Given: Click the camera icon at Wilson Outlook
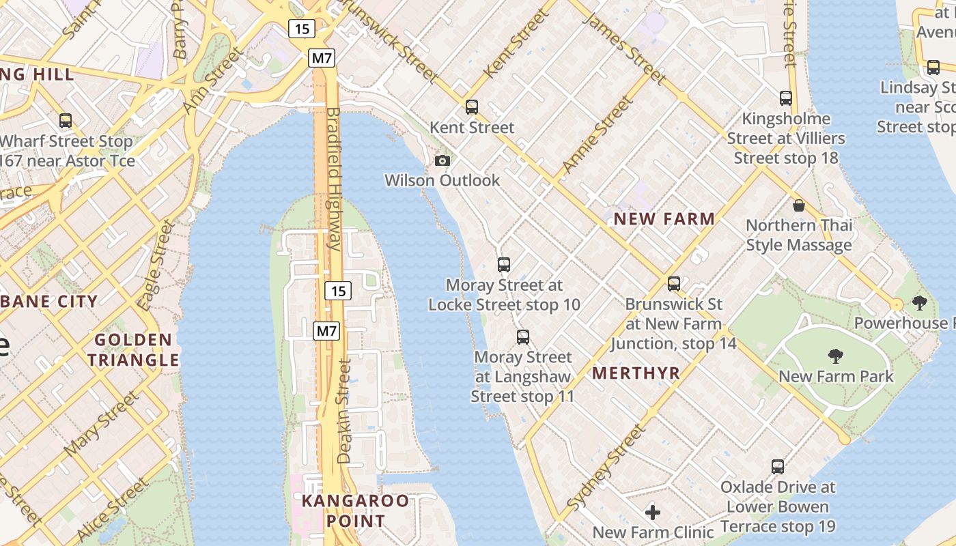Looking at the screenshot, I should (x=442, y=161).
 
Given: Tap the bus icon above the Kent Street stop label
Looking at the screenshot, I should (x=472, y=107).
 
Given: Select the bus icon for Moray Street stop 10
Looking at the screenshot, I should (x=504, y=265).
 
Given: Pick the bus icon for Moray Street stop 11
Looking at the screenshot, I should (x=523, y=337).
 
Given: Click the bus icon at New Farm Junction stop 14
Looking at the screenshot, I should (x=674, y=284).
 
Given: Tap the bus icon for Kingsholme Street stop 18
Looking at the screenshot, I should (x=786, y=98).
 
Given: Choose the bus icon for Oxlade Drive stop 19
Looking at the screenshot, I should (x=778, y=467).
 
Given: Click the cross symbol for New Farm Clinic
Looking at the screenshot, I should (x=653, y=512).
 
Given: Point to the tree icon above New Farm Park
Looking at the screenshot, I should (x=835, y=356).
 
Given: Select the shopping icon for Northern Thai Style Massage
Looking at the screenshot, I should (x=799, y=205).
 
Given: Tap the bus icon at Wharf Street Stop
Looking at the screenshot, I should (x=66, y=121).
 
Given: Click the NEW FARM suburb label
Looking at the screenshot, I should (x=664, y=219).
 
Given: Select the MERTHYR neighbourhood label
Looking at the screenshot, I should (x=636, y=373).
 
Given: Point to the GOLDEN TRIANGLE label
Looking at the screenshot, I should (x=133, y=349).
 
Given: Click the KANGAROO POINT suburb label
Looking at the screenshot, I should (x=355, y=511).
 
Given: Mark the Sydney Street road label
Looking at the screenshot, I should (x=606, y=468).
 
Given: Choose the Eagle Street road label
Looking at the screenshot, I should (x=156, y=265).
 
